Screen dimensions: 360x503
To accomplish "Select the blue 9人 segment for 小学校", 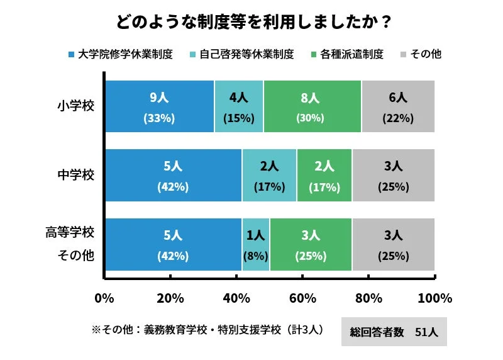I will coord(159,107).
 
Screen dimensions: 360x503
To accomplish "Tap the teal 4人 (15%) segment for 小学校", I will coord(239,107).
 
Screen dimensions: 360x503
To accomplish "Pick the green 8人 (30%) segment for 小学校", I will coord(312,107).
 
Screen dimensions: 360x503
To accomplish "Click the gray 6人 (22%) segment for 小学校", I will coord(398,107).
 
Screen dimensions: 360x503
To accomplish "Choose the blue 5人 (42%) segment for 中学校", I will coord(173,176).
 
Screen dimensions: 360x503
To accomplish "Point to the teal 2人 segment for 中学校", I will coord(269,176).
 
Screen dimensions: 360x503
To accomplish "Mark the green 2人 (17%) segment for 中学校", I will coord(324,176).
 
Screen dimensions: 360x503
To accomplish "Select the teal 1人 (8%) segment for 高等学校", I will coord(256,245).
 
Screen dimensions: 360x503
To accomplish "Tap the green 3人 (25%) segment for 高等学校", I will coord(311,245).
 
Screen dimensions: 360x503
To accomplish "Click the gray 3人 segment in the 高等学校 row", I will coord(394,245).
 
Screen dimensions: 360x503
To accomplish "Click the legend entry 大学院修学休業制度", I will coord(120,54).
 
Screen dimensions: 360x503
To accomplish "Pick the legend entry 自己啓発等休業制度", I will coord(241,54).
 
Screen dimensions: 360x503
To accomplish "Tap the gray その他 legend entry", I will coord(421,54).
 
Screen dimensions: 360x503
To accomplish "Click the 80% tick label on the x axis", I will coord(369,298).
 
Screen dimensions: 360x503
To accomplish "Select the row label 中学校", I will coord(76,176).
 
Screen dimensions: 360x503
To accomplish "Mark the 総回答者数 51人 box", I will coord(394,332).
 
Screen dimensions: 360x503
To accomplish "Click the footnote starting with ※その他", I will coord(207,329).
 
